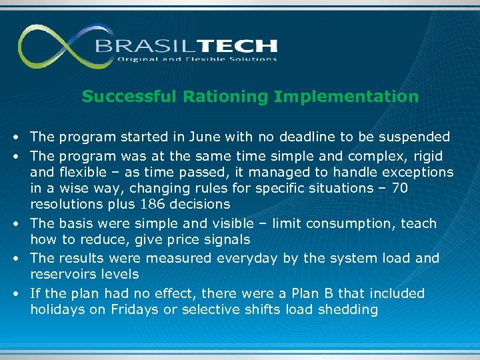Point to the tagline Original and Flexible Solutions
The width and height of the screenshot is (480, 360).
click(197, 59)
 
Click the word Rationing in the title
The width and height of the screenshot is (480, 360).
click(228, 97)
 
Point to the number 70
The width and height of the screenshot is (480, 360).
click(400, 189)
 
